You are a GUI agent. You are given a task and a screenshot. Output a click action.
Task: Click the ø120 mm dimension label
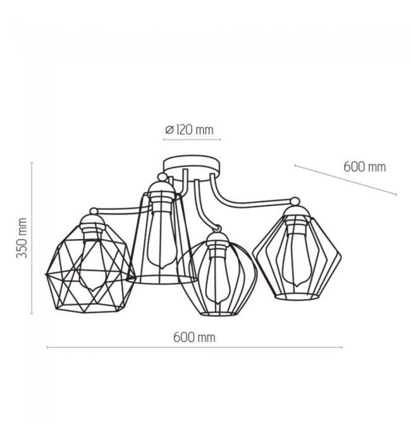pyautogui.click(x=189, y=130)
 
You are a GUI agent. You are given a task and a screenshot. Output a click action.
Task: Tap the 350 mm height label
pyautogui.click(x=21, y=238)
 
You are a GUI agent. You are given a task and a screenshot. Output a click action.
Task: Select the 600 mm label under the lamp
pyautogui.click(x=194, y=338)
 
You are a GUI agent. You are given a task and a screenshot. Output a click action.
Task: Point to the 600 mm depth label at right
pyautogui.click(x=365, y=166)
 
